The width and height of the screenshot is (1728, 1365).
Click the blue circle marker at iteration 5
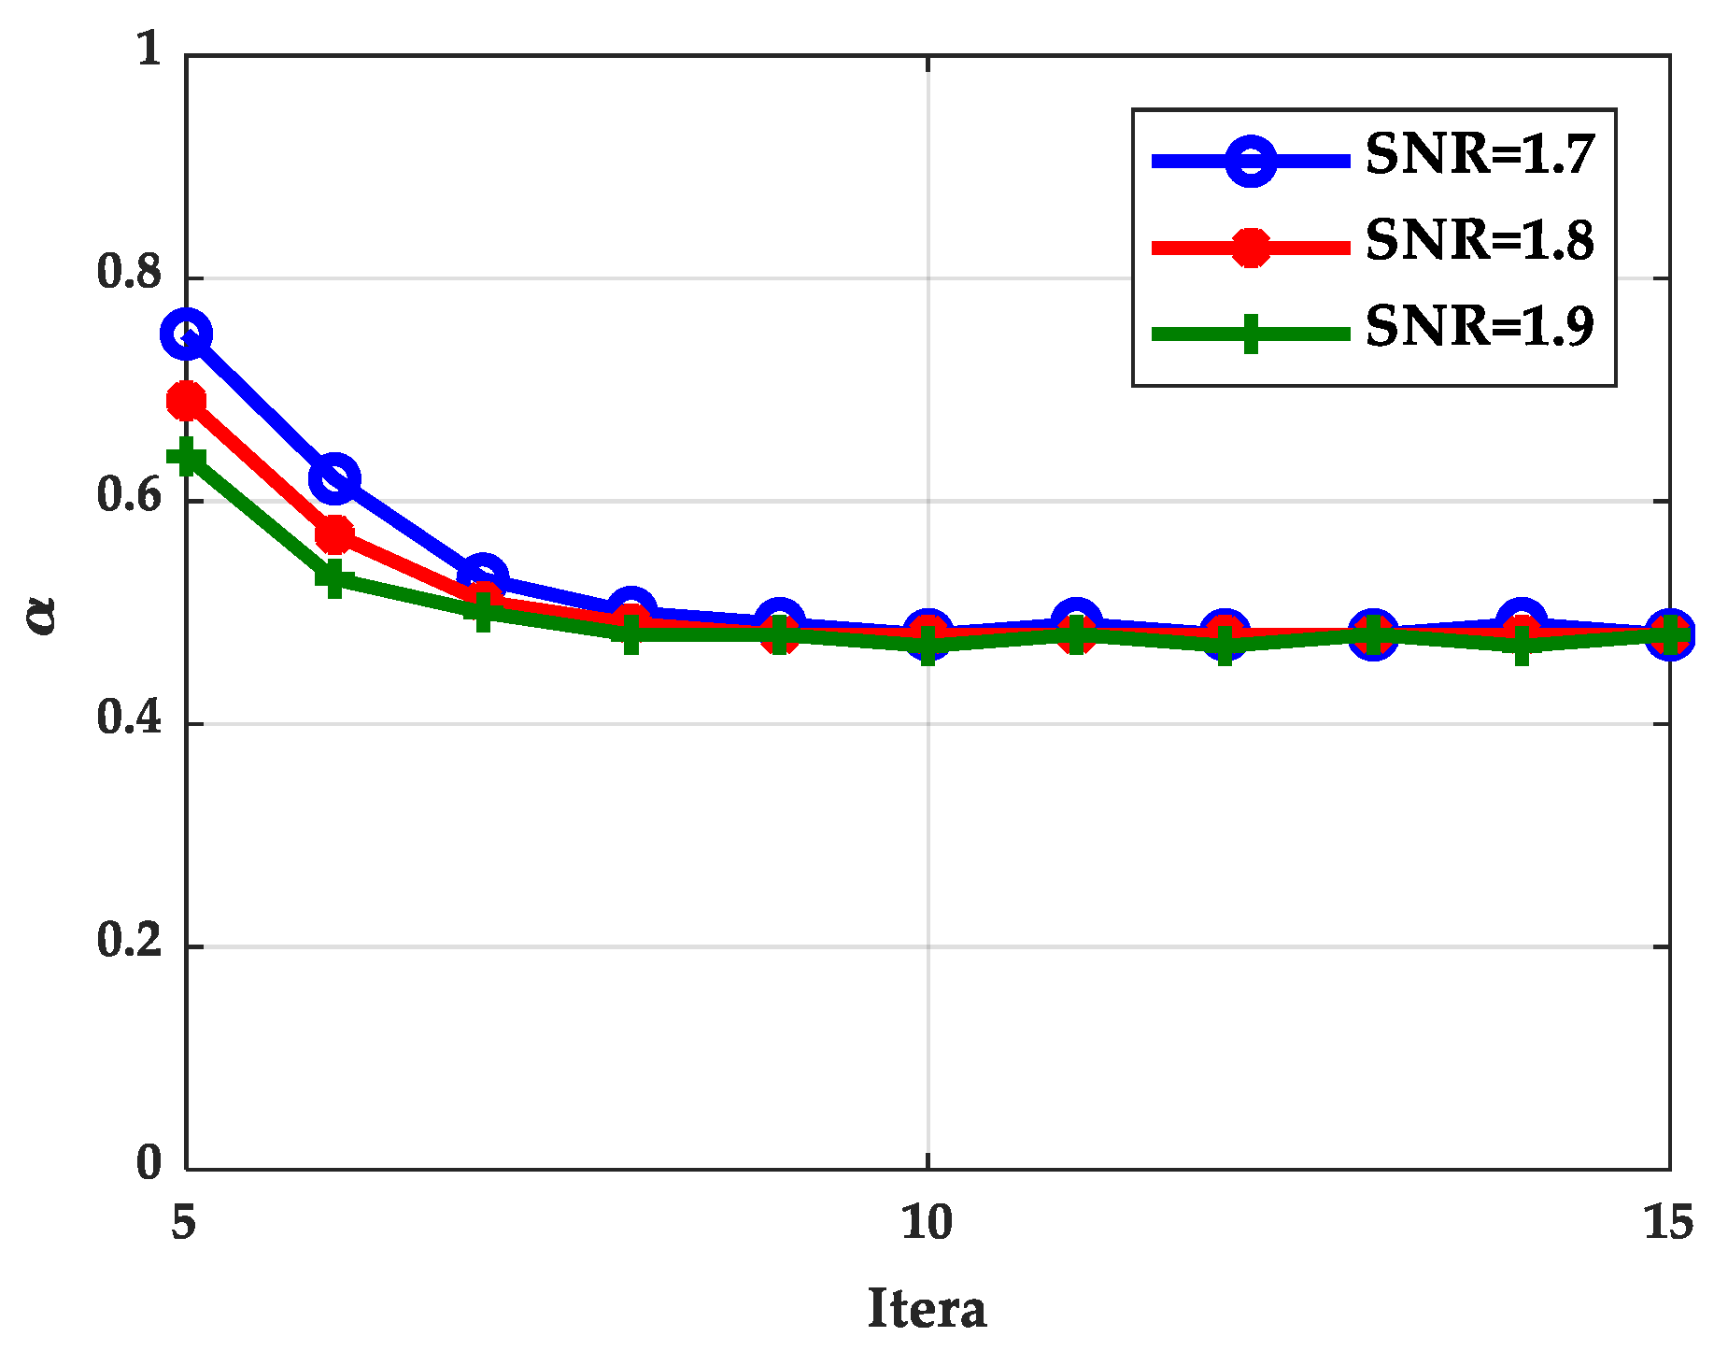coord(187,334)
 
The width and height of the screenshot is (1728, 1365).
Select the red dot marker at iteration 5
coord(187,402)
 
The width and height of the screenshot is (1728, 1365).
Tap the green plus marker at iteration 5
coord(187,458)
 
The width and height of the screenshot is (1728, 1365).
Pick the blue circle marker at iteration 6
coord(334,479)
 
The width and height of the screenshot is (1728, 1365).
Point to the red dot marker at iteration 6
coord(334,535)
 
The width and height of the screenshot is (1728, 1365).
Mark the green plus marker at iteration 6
coord(334,578)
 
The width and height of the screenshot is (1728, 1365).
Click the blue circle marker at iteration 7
coord(483,576)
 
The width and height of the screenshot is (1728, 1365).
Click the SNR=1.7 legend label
coord(1480,154)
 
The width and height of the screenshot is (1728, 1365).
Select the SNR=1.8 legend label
coord(1480,240)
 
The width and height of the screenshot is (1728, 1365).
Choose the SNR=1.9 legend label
coord(1480,326)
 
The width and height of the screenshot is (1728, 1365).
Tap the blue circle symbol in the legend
coord(1251,162)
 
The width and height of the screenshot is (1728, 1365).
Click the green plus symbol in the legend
coord(1251,334)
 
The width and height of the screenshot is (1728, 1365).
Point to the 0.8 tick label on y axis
coord(129,272)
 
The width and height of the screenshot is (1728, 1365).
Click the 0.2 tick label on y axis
coord(129,940)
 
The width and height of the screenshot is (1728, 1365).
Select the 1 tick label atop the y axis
coord(149,49)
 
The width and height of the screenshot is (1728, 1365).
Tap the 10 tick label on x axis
coord(927,1222)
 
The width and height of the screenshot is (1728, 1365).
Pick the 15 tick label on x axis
coord(1668,1222)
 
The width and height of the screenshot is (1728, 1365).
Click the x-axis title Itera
coord(927,1308)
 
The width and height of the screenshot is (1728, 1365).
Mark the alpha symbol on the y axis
coord(42,615)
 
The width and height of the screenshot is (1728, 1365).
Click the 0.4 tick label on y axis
coord(129,718)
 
